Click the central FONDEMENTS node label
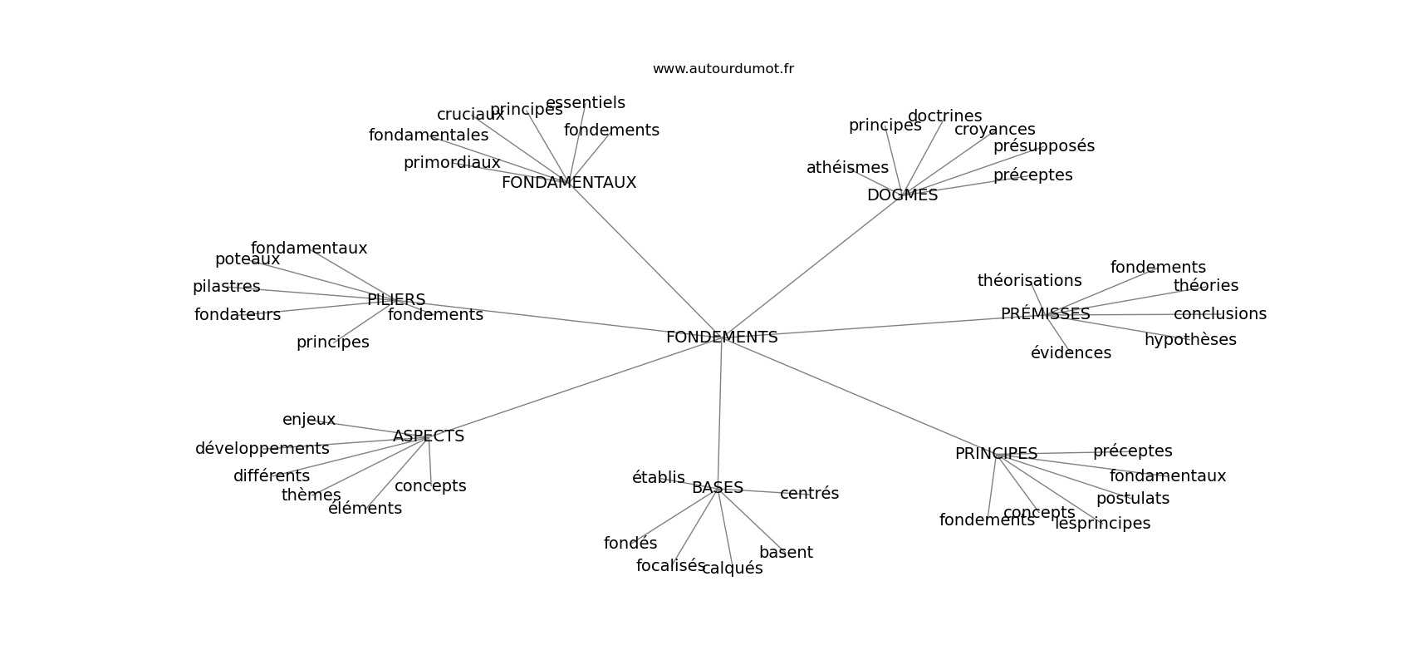[x=721, y=337]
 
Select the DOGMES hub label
[x=902, y=195]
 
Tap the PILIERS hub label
[x=396, y=300]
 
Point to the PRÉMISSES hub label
[x=1045, y=314]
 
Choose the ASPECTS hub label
[x=428, y=436]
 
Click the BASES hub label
[x=717, y=488]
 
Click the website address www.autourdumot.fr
[x=723, y=69]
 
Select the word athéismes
[x=847, y=168]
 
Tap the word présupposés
[x=1043, y=146]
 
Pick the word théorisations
[x=1029, y=281]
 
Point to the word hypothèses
[x=1189, y=340]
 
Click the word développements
[x=262, y=449]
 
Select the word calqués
[x=732, y=569]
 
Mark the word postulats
[x=1132, y=499]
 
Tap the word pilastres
[x=226, y=287]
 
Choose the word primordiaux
[x=452, y=163]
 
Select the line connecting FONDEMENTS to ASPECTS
[x=573, y=387]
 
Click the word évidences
[x=1071, y=353]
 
